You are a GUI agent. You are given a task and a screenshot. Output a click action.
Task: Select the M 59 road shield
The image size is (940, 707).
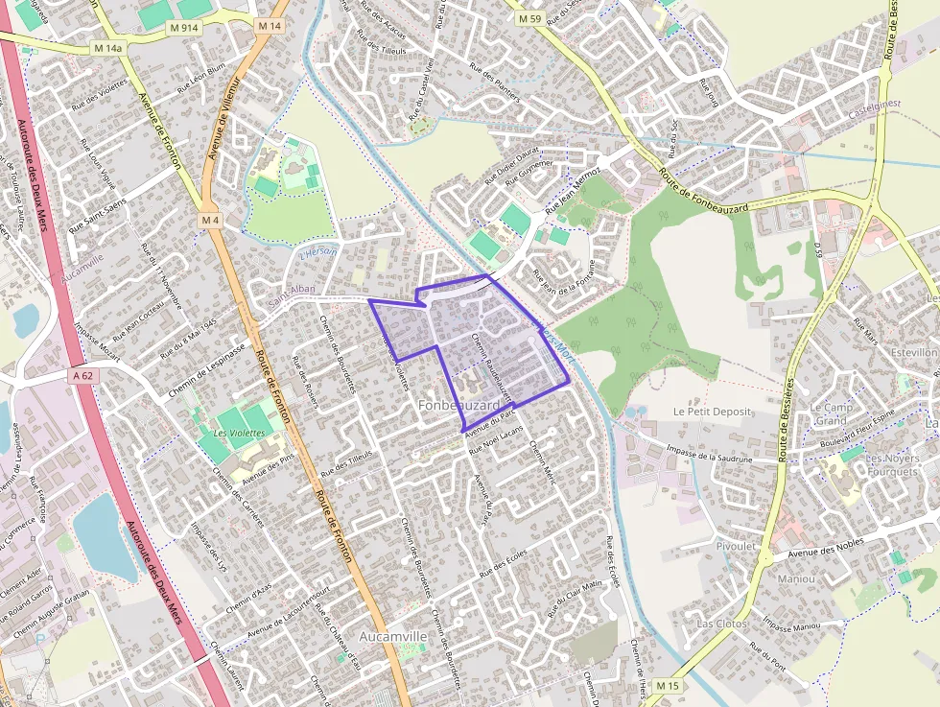pos(529,18)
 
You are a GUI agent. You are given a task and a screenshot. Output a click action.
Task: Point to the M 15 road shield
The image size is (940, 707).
pos(668,686)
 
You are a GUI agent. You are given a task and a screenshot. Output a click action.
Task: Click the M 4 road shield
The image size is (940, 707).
pos(211,221)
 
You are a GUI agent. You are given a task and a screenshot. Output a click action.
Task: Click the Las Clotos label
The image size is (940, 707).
pos(721,624)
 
